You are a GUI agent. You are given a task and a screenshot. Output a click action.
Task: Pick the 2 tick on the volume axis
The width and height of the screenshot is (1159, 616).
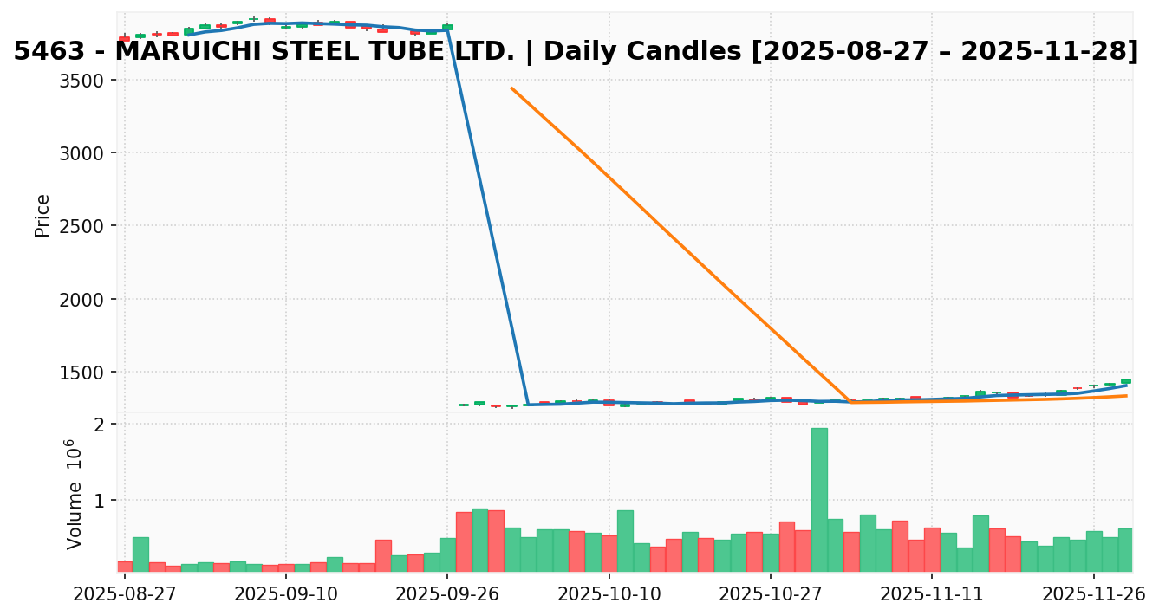tap(101, 425)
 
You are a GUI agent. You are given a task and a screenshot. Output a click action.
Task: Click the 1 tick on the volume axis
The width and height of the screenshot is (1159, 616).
tap(101, 501)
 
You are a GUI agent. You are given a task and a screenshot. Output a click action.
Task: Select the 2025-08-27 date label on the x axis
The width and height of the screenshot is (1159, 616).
tap(125, 594)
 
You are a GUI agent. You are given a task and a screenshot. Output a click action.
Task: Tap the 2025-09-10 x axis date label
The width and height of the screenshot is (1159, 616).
tap(286, 594)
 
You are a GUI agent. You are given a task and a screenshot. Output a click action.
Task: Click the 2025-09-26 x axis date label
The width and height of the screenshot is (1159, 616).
tap(447, 594)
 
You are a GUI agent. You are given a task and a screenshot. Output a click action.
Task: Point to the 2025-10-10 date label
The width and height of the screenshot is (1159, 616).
tap(609, 594)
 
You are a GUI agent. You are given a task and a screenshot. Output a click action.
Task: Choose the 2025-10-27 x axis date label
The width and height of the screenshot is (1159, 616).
tap(771, 594)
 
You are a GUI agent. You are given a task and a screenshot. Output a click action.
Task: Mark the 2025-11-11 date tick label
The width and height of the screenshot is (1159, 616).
tap(932, 594)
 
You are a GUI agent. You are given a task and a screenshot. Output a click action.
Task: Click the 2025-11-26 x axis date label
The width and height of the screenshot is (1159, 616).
tap(1094, 594)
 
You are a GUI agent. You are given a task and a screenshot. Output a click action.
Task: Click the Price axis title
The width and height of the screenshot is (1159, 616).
tap(42, 215)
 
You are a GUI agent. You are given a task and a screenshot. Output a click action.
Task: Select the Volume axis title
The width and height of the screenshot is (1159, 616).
tap(75, 494)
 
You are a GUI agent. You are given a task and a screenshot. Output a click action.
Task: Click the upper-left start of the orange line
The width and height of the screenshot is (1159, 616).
tap(511, 88)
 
